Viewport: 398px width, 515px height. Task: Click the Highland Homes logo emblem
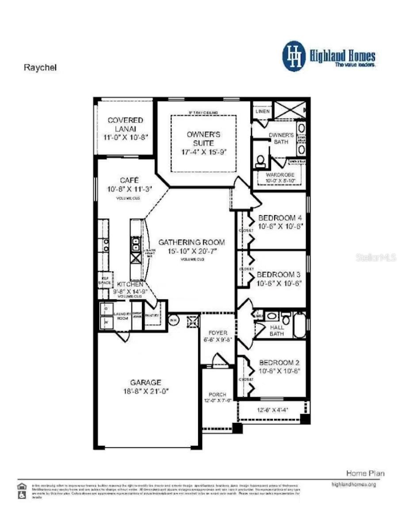(294, 56)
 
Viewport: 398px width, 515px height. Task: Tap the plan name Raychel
(40, 68)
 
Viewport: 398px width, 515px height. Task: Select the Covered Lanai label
(125, 120)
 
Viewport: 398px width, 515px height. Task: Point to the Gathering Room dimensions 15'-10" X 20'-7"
(191, 251)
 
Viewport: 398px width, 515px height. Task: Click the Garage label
(145, 382)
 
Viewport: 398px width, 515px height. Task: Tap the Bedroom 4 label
(280, 218)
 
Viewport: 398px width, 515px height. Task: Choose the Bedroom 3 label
(279, 274)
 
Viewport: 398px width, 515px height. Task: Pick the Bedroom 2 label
(279, 362)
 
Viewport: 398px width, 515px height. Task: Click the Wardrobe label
(280, 175)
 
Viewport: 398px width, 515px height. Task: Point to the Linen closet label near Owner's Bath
(262, 112)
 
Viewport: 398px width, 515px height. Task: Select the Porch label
(218, 394)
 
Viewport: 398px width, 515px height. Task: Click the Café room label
(129, 180)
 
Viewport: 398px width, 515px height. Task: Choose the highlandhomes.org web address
(353, 484)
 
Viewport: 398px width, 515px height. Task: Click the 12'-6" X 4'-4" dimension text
(273, 410)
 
